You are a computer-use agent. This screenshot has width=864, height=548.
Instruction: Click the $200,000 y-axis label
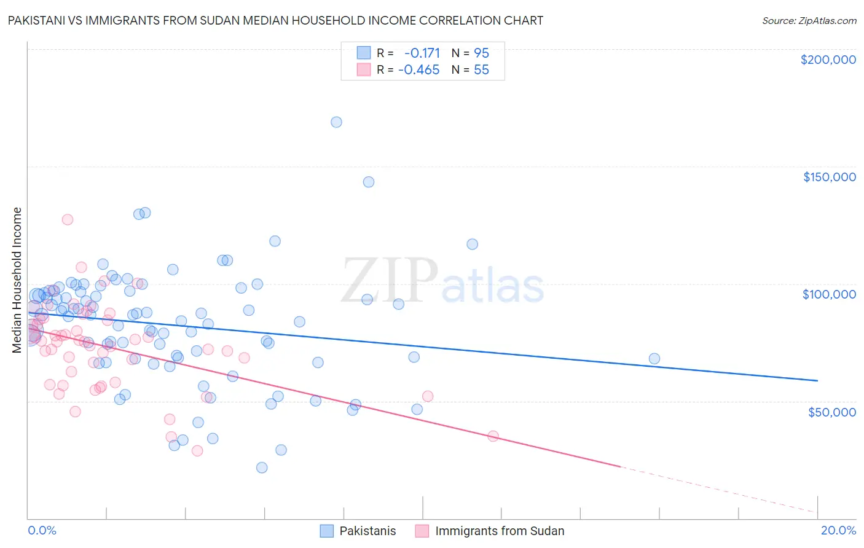(828, 60)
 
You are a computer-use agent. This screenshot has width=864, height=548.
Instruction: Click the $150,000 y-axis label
(829, 177)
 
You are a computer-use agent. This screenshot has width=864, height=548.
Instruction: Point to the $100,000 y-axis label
(829, 294)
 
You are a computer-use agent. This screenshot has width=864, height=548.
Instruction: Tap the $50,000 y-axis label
(831, 412)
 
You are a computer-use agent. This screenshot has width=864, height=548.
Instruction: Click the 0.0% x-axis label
(42, 530)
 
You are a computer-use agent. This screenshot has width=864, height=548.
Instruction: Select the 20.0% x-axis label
(838, 530)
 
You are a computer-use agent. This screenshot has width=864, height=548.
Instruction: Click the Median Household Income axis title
(17, 280)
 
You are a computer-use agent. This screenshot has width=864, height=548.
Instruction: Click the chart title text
(275, 20)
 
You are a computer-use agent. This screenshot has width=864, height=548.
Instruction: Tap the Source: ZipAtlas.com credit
(809, 20)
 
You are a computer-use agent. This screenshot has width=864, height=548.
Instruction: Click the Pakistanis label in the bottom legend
(367, 531)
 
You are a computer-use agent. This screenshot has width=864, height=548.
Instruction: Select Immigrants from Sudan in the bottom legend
(499, 531)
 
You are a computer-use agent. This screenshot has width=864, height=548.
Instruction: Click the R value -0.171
(422, 53)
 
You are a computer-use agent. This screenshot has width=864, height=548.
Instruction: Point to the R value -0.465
(419, 70)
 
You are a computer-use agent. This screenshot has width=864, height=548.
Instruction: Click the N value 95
(481, 53)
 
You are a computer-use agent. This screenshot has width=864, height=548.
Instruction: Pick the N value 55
(481, 70)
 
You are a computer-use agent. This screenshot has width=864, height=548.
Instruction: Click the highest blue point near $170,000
(336, 122)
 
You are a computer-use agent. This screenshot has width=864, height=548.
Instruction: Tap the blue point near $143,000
(369, 182)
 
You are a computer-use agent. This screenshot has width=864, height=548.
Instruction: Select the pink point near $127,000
(68, 219)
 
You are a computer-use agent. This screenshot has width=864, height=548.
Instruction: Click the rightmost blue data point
(654, 359)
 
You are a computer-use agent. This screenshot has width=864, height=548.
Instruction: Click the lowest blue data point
(262, 468)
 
